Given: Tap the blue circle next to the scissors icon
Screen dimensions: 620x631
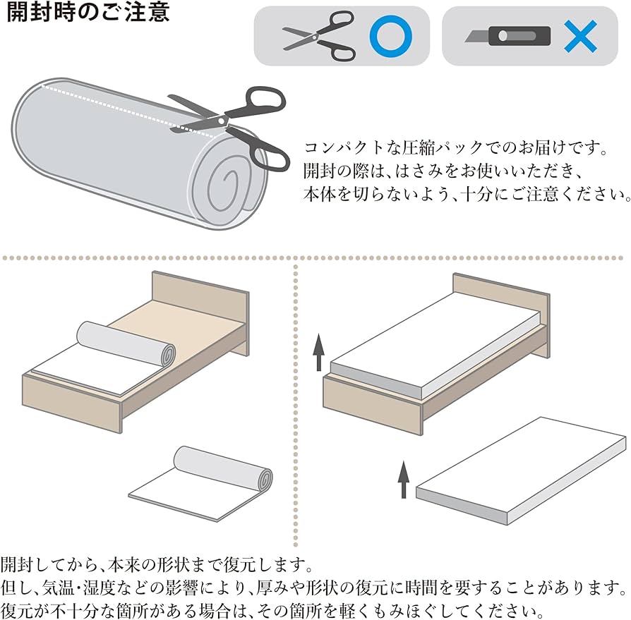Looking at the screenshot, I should [x=390, y=35].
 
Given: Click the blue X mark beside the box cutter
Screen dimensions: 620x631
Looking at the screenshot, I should [x=580, y=35].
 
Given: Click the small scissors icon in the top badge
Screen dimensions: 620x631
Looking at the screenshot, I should [x=319, y=35].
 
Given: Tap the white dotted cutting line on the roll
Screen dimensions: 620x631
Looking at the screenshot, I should [x=106, y=106].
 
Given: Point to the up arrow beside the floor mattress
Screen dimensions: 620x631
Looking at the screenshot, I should [x=404, y=480].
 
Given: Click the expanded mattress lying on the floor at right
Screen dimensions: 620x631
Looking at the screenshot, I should [x=522, y=469].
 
